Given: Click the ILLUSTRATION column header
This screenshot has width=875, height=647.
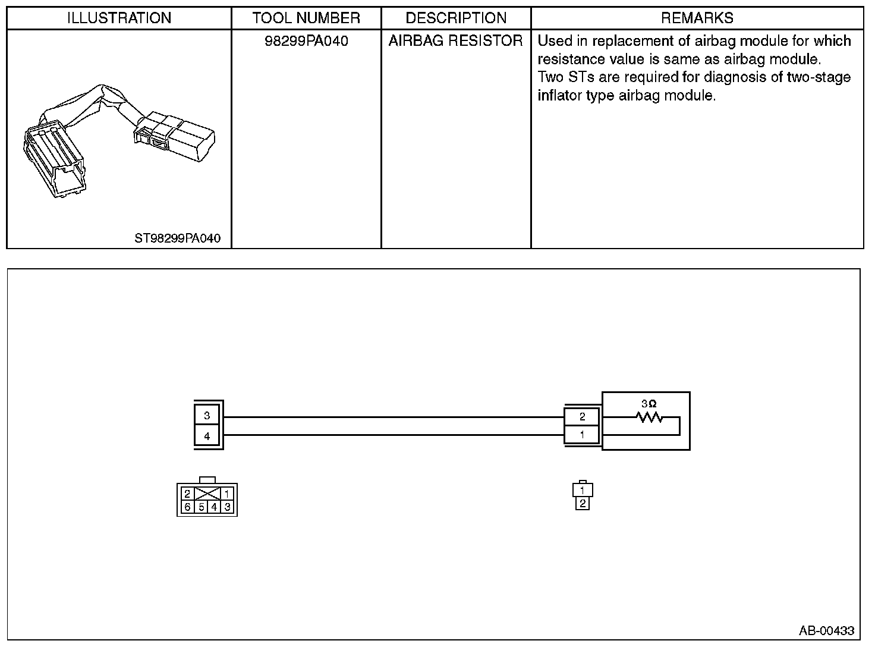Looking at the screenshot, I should [119, 18].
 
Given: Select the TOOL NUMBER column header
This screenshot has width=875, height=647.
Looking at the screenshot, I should [306, 18].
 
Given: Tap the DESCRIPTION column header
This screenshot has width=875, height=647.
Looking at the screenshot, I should [456, 18].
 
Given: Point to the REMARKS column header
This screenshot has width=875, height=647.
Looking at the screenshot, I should [697, 18].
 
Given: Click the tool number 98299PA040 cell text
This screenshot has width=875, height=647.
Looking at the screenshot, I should [306, 41].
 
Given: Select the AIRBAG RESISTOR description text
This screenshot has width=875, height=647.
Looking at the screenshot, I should [456, 41].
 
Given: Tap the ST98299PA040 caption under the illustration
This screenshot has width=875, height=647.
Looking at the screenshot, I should [177, 238].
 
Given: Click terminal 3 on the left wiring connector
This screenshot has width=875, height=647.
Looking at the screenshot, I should [207, 416].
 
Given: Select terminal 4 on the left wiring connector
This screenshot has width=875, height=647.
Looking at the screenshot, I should [207, 436].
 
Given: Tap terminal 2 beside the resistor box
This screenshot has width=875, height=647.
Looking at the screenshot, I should [583, 417].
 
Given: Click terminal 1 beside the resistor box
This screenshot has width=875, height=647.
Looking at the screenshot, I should [583, 435].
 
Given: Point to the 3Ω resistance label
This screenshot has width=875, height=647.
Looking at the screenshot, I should [649, 404].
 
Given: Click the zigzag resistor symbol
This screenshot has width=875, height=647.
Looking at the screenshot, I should [649, 417].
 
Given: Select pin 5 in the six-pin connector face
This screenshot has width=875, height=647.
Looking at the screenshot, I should [202, 507].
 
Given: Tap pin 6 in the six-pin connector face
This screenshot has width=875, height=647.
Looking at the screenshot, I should [187, 507].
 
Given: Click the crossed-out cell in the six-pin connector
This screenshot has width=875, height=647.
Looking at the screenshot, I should [207, 494].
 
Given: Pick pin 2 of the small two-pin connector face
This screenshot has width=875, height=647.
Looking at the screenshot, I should [583, 504].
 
